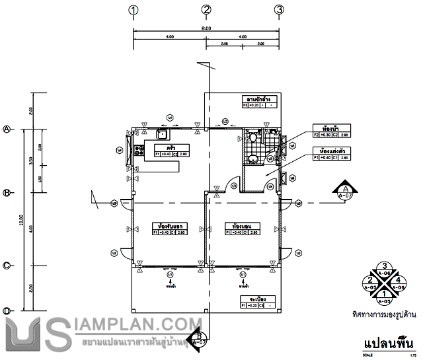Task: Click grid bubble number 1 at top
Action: [x=134, y=9]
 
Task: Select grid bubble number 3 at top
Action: [x=280, y=9]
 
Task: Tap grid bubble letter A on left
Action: [x=7, y=129]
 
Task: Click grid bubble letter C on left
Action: [x=7, y=266]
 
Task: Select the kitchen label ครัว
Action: [x=171, y=147]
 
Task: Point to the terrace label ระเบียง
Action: [x=256, y=300]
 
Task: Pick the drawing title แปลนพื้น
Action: [x=388, y=343]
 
